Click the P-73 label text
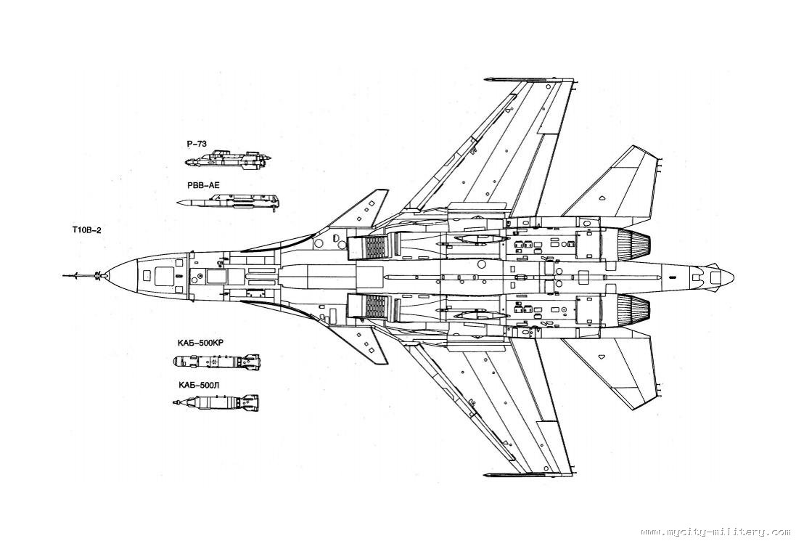point(196,144)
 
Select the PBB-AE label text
point(203,186)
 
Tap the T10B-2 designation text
point(86,230)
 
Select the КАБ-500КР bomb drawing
point(216,360)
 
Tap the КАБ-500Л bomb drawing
point(216,402)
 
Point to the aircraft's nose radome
point(123,276)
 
